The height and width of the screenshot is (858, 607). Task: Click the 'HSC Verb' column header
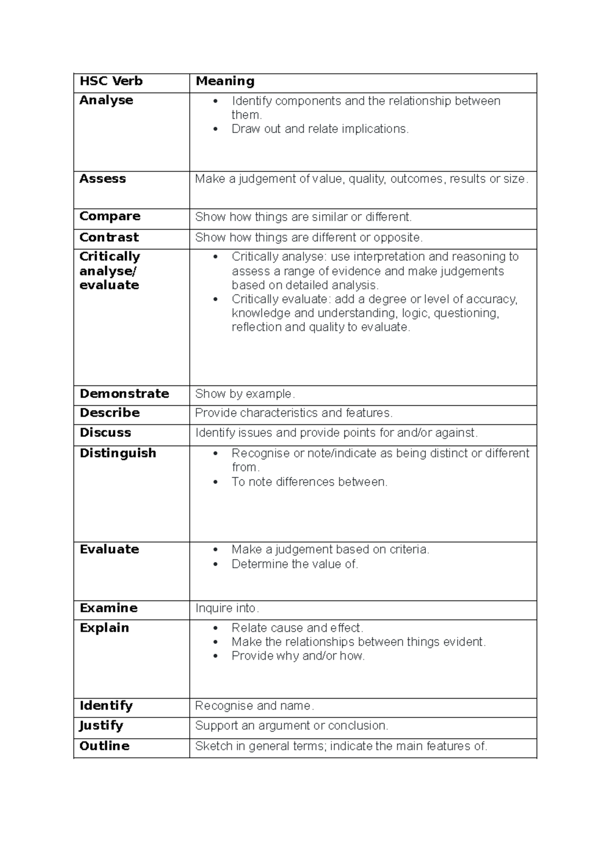[x=111, y=81]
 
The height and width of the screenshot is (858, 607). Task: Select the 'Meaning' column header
[x=225, y=81]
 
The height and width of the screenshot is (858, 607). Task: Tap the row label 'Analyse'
[x=106, y=100]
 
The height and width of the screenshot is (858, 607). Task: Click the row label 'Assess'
[x=103, y=179]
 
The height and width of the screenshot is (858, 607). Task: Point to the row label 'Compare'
[x=110, y=216]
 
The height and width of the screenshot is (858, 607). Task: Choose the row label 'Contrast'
[x=109, y=237]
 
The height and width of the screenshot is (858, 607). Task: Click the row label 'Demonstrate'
[x=124, y=394]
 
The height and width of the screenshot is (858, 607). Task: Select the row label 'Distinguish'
[x=118, y=453]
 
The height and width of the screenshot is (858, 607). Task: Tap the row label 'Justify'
[x=101, y=725]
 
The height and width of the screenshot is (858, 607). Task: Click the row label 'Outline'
[x=104, y=746]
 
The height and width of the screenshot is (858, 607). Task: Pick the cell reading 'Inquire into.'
[x=227, y=608]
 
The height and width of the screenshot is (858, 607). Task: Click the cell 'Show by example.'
[x=245, y=394]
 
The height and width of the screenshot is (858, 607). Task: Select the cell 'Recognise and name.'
[x=254, y=706]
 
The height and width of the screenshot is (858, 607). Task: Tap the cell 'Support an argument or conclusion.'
[x=291, y=725]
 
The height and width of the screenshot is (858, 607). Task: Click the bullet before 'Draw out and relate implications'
[x=216, y=130]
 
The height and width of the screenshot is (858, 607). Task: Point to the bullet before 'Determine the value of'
[x=216, y=565]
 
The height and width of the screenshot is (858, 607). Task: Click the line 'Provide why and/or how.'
[x=298, y=656]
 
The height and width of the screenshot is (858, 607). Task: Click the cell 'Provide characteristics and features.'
[x=293, y=413]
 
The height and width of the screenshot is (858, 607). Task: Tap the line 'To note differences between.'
[x=309, y=482]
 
